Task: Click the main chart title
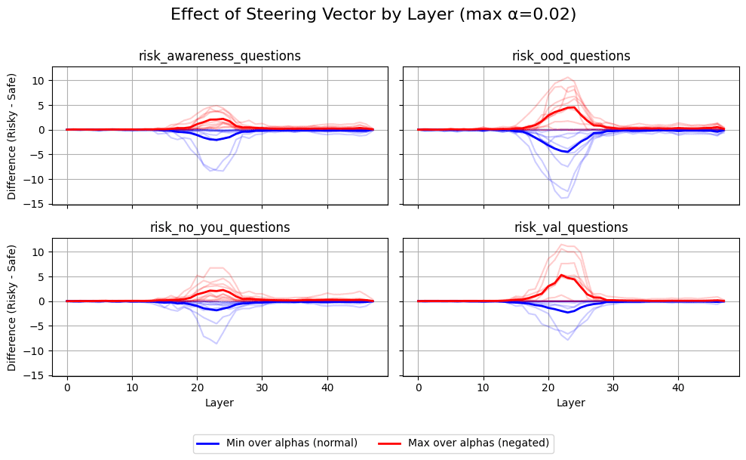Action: [x=373, y=14]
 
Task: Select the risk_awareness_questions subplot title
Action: [x=220, y=56]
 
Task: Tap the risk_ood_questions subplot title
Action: [x=571, y=56]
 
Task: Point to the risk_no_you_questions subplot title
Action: [x=220, y=227]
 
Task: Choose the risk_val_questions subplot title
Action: [x=571, y=227]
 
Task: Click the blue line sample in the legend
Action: [x=209, y=443]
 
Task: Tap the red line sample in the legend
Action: [x=391, y=443]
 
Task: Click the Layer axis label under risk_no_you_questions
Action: [x=220, y=403]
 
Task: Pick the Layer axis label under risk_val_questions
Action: [x=571, y=403]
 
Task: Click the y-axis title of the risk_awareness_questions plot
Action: [x=12, y=136]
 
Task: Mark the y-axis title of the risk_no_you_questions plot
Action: [x=12, y=307]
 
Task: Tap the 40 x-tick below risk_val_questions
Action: [x=678, y=387]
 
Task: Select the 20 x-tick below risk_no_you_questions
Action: [x=197, y=387]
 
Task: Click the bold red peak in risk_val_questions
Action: [x=561, y=275]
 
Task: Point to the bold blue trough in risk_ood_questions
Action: [x=566, y=152]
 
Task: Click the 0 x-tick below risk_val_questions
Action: [x=418, y=387]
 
